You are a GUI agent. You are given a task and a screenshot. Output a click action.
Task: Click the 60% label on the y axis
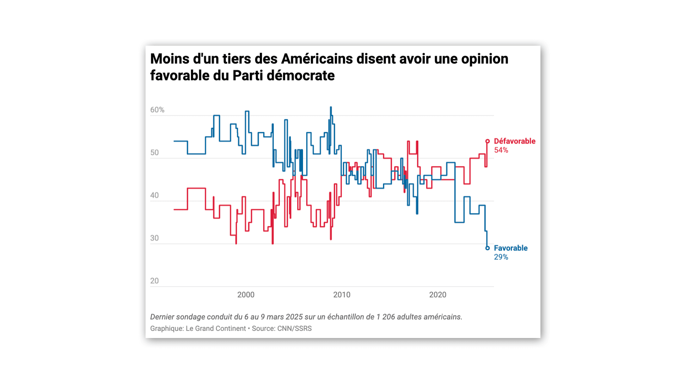(157, 110)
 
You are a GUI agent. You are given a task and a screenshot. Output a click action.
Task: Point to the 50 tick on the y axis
(154, 153)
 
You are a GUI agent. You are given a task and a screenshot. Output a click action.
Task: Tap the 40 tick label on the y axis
(154, 195)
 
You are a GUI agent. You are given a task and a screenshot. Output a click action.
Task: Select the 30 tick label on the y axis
(154, 238)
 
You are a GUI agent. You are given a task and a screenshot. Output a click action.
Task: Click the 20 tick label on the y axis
(154, 281)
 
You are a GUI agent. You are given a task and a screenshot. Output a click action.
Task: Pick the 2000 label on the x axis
(246, 295)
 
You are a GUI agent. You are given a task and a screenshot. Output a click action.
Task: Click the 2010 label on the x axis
(342, 295)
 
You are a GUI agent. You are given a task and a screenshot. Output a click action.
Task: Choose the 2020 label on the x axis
(437, 295)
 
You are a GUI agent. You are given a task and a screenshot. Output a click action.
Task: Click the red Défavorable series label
(514, 141)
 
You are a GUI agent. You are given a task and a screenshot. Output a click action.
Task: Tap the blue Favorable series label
(510, 248)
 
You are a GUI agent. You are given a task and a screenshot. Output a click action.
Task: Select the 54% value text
(501, 150)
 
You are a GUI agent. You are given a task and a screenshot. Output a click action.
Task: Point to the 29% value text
(501, 257)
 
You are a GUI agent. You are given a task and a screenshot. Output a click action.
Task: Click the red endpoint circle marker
(487, 141)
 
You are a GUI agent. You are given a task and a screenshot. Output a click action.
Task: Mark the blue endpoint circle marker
(487, 248)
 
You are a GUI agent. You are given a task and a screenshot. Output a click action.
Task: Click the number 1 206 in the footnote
(386, 317)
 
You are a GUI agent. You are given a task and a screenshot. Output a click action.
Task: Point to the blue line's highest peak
(331, 107)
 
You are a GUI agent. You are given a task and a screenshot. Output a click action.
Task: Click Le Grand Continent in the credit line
(215, 329)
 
